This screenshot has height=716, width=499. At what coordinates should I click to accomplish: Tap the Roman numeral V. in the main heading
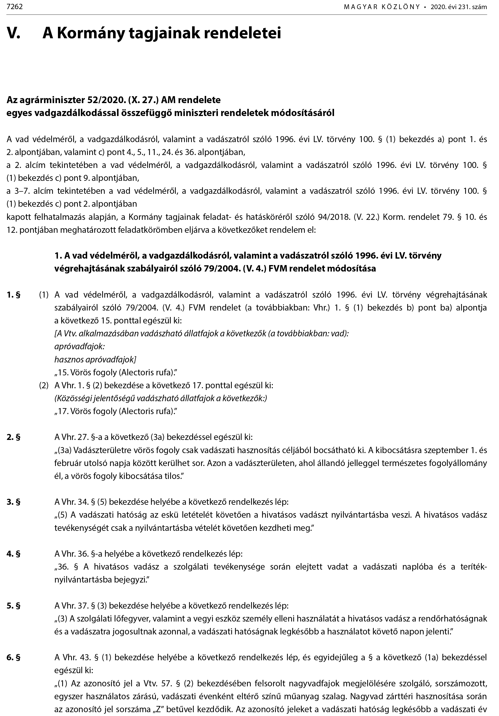click(x=13, y=33)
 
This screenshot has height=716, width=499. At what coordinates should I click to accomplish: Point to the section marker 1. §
click(x=13, y=295)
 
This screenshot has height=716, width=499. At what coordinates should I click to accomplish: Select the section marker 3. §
click(x=13, y=502)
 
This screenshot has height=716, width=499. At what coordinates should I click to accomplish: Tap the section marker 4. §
click(x=13, y=554)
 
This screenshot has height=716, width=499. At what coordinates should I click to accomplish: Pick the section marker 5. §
click(x=13, y=606)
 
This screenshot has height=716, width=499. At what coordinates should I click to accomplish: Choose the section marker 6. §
click(x=13, y=658)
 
